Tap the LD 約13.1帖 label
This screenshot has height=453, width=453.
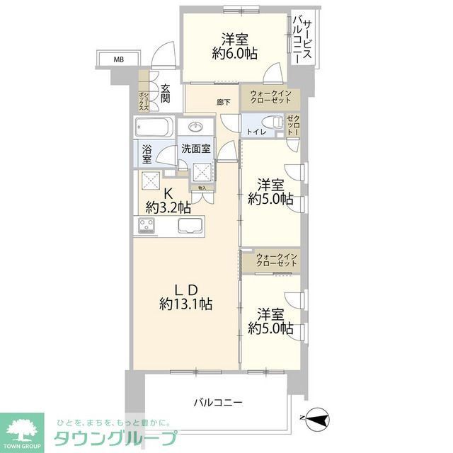point(185,297)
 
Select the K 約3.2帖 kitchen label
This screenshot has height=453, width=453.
point(168,201)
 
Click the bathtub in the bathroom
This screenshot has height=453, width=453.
point(154,128)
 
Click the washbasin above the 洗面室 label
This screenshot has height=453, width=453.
point(195,128)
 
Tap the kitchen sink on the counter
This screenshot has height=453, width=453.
point(190,226)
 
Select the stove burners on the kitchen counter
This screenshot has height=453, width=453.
point(147,225)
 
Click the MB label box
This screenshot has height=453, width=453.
point(119,59)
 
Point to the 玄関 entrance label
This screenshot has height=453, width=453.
point(165,93)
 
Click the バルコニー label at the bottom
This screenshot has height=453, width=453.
point(219,403)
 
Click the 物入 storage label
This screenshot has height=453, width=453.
point(202,188)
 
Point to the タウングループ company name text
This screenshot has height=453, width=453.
point(116,436)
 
